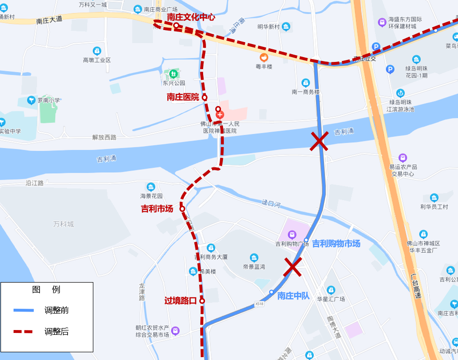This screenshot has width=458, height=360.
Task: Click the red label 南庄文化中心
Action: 191,17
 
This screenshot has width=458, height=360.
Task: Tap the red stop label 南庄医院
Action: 183,97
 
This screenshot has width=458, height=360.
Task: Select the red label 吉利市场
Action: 157,209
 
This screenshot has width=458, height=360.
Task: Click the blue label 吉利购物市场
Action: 336,243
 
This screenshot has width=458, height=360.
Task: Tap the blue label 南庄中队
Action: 293,296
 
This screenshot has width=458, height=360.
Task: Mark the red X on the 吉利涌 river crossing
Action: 319,142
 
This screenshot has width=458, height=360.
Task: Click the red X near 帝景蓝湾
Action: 293,267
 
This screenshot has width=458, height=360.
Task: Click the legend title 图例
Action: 46,290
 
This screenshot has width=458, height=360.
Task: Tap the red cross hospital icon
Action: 220,115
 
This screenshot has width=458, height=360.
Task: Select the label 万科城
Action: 63,225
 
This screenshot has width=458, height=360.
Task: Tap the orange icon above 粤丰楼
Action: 264,57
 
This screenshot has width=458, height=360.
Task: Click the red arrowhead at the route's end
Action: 158,22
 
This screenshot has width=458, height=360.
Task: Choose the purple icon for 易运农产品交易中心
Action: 403,158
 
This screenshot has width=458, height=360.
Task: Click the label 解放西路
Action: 104,137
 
